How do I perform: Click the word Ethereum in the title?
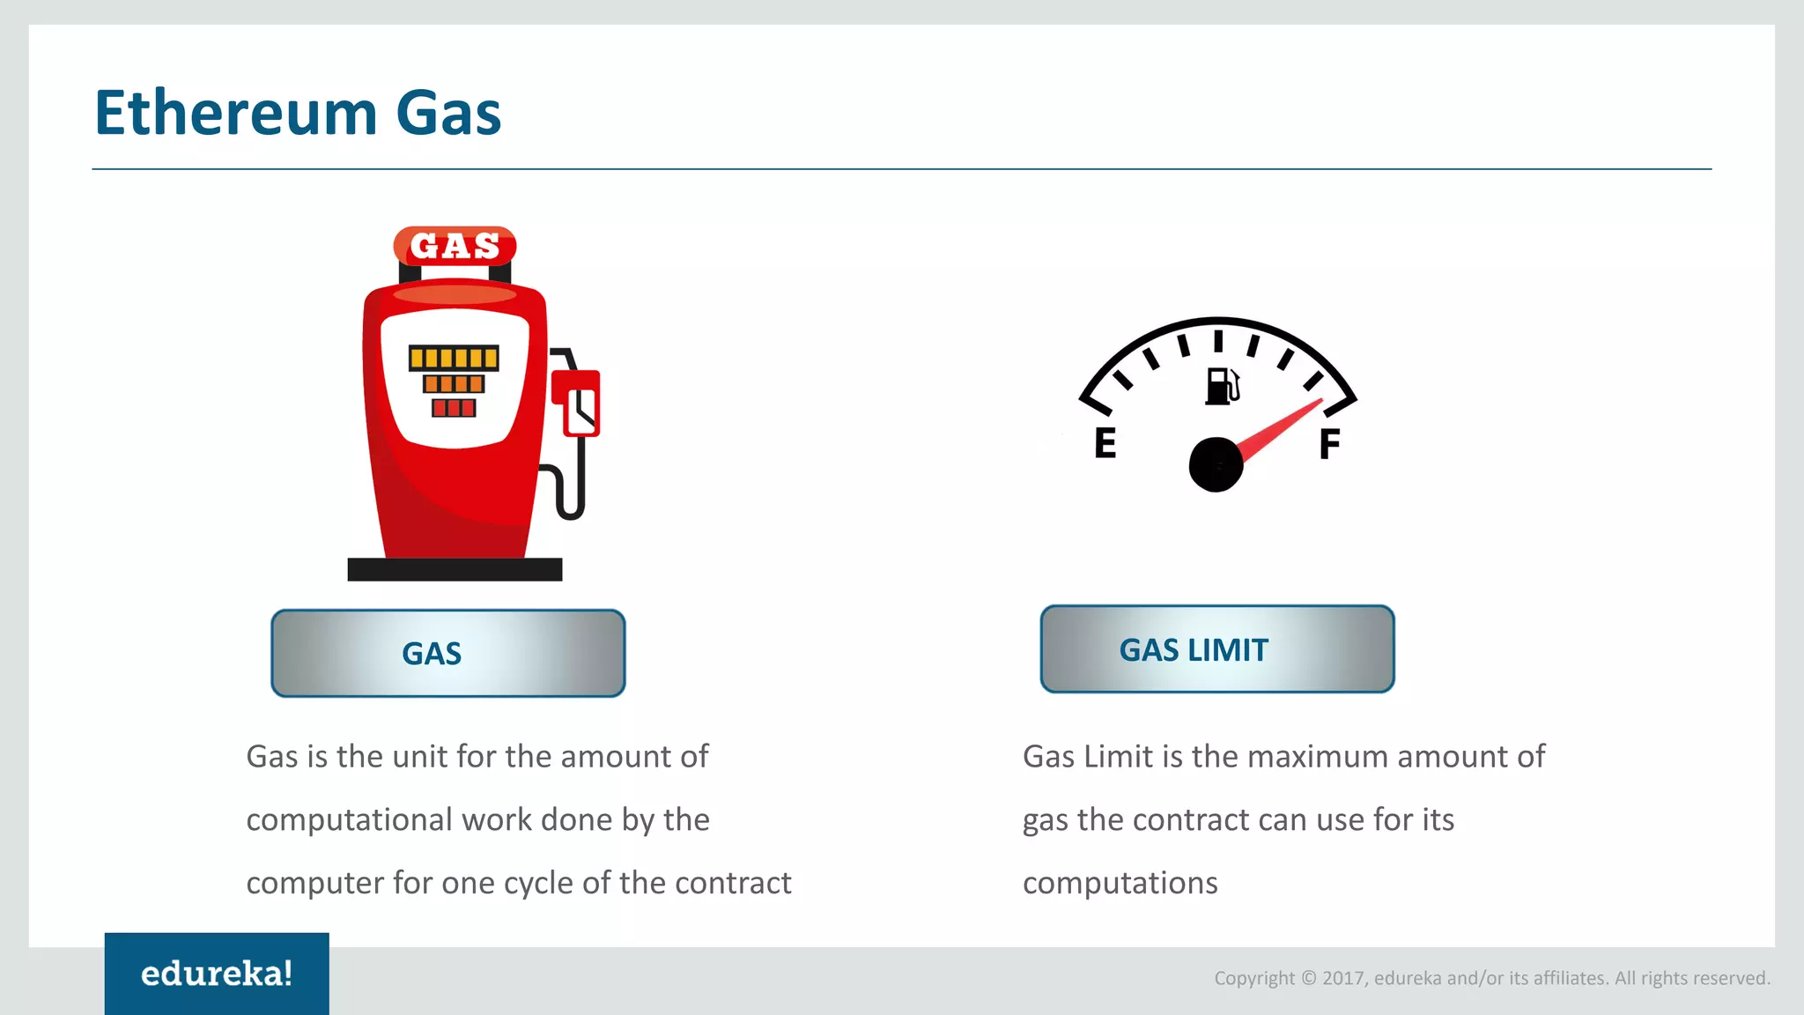(x=236, y=114)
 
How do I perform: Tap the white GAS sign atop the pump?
(x=455, y=246)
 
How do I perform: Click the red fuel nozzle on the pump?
(x=577, y=402)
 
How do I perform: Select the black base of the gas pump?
(x=455, y=569)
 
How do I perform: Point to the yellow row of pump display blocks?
(x=454, y=358)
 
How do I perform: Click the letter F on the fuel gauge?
(x=1329, y=443)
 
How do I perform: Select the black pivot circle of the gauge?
(x=1216, y=464)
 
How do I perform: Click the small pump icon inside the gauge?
(x=1222, y=386)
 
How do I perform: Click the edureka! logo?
(x=217, y=974)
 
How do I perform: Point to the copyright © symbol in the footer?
(x=1309, y=978)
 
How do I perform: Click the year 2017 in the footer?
(x=1344, y=978)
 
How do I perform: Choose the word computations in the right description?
(x=1120, y=883)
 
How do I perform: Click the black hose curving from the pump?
(x=573, y=493)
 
